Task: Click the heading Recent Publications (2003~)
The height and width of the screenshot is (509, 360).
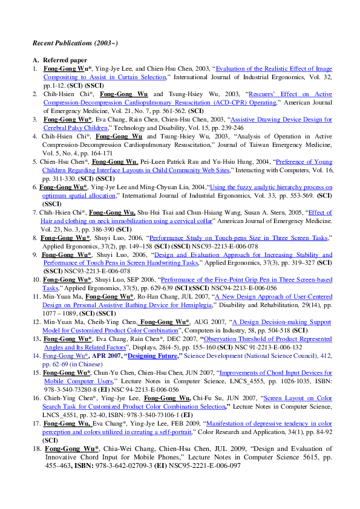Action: point(75,44)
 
